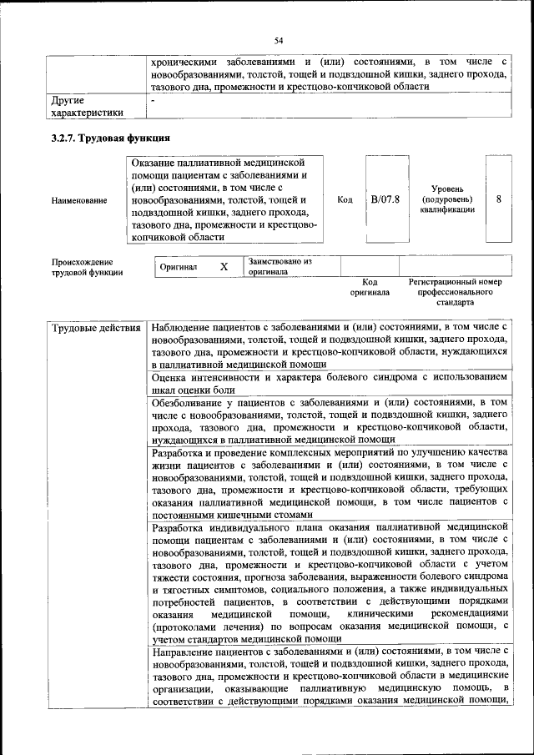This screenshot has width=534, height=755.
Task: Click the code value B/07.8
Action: coord(385,200)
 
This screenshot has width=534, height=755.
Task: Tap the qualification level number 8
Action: coord(498,200)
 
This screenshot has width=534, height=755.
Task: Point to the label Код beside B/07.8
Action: coord(345,200)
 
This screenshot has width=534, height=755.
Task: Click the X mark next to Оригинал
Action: coord(224,267)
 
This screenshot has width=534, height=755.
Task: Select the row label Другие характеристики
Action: coord(87,106)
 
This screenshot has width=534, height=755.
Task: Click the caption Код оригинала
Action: coord(370,288)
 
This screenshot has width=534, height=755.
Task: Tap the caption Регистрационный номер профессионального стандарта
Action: coord(456,292)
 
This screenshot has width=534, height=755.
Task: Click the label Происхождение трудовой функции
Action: coord(87,266)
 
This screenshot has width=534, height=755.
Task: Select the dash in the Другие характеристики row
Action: coord(154,100)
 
